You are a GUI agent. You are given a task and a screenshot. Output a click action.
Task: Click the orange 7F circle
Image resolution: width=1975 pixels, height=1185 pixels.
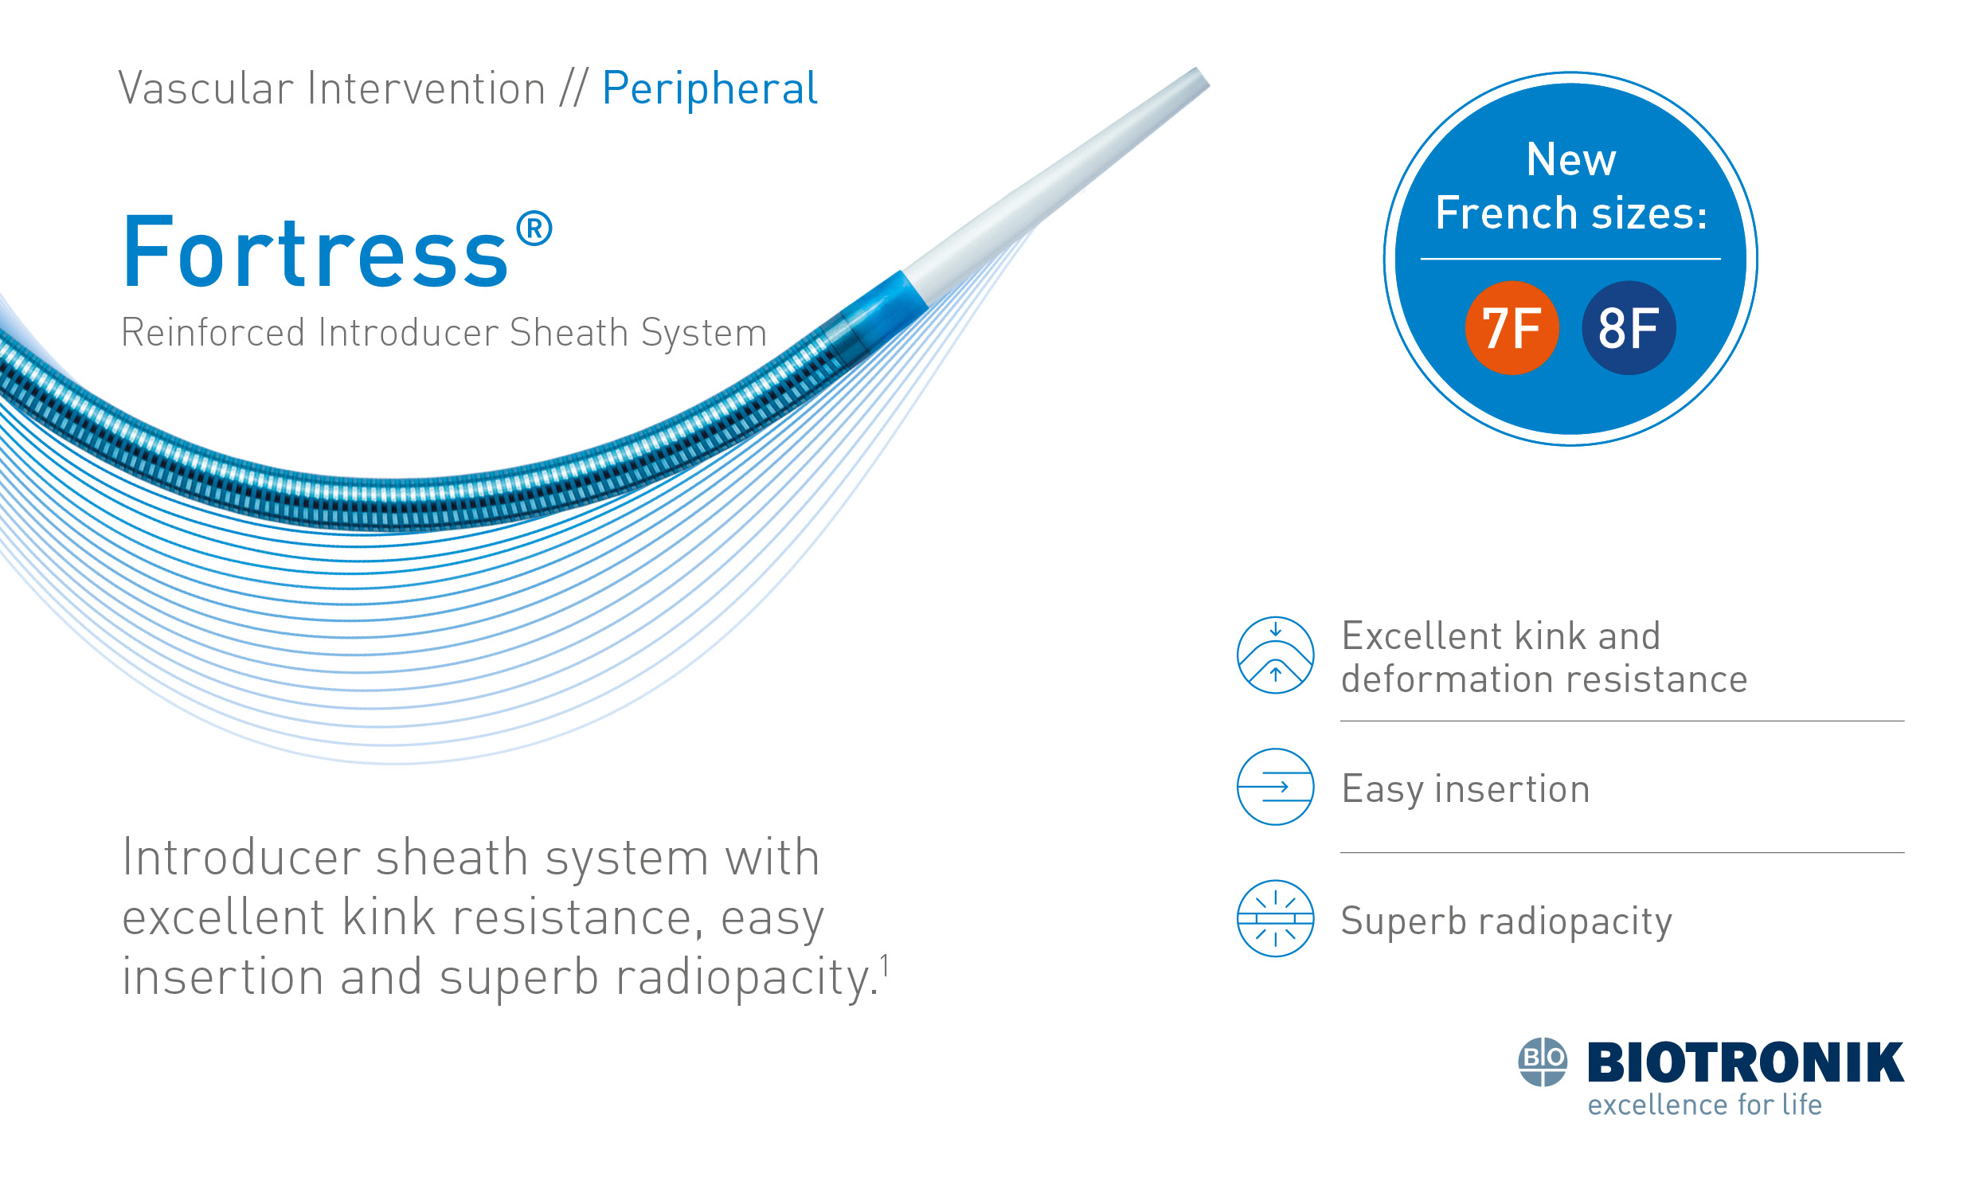coord(1512,327)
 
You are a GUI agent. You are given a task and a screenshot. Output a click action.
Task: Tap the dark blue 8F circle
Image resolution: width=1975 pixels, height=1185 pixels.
coord(1628,327)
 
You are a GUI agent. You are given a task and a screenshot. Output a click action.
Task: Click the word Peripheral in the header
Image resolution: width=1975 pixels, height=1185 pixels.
coord(709,88)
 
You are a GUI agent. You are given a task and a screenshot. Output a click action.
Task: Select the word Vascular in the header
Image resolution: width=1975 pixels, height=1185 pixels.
coord(206,88)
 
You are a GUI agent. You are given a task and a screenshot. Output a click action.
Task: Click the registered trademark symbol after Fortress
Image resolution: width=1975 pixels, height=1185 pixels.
coord(534,229)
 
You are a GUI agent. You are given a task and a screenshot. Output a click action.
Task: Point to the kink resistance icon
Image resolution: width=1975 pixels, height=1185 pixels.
coord(1275,655)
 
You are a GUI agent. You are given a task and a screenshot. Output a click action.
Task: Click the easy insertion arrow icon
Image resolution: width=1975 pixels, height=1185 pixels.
coord(1275,787)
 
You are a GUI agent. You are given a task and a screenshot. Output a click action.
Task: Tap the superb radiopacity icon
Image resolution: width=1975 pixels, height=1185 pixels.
coord(1275,918)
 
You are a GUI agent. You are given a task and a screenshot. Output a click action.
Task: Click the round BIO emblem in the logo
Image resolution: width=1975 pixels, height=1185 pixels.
coord(1543,1062)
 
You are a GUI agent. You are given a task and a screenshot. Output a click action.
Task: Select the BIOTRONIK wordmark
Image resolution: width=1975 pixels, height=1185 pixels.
coord(1745,1062)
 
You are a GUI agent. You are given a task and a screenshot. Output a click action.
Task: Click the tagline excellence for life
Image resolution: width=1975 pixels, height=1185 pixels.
coord(1703,1105)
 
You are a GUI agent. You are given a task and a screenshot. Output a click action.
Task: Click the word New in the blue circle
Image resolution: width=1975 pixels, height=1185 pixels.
coord(1570,160)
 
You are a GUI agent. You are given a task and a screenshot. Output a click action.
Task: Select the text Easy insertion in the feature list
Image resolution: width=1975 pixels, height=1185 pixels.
coord(1465,789)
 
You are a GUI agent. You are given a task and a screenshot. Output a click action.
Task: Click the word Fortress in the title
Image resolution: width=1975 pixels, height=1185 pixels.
coord(315,252)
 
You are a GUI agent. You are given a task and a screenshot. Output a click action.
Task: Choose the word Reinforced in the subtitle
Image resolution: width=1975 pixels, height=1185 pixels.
coord(213,332)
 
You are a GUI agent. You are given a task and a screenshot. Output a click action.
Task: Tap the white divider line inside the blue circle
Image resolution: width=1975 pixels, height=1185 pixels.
coord(1570,259)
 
